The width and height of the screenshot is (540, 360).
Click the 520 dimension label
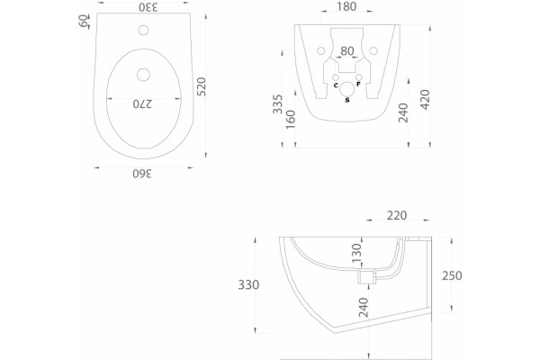tap(202, 86)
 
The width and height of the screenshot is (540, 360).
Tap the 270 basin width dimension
tap(142, 103)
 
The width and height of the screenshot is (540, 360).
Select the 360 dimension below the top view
tap(142, 174)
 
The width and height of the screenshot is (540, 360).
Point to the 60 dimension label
tap(84, 21)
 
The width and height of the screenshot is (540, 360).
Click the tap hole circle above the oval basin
tap(144, 31)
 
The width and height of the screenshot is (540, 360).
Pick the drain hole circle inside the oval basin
tap(143, 75)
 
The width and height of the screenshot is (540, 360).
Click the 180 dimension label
tap(346, 6)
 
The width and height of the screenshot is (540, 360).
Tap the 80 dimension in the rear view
tap(347, 51)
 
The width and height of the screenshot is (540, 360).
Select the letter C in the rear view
tap(336, 85)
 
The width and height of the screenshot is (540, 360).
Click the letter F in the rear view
tap(358, 84)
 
